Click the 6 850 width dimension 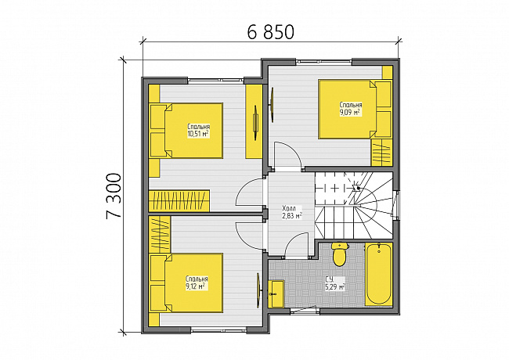pos(270,32)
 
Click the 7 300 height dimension pos(114,196)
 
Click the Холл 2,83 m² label pos(292,212)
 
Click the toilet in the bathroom pos(340,254)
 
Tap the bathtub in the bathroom pos(378,274)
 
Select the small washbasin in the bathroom pos(276,293)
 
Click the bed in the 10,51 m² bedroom pos(186,131)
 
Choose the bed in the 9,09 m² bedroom pos(356,110)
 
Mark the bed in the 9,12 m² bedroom pos(186,283)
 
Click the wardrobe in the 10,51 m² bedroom pos(179,201)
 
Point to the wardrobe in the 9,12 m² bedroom pos(160,234)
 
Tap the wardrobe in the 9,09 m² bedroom pos(381,153)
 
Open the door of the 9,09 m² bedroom pos(287,155)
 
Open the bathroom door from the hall pos(296,245)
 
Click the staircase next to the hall pos(354,206)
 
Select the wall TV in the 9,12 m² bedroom pos(258,290)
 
